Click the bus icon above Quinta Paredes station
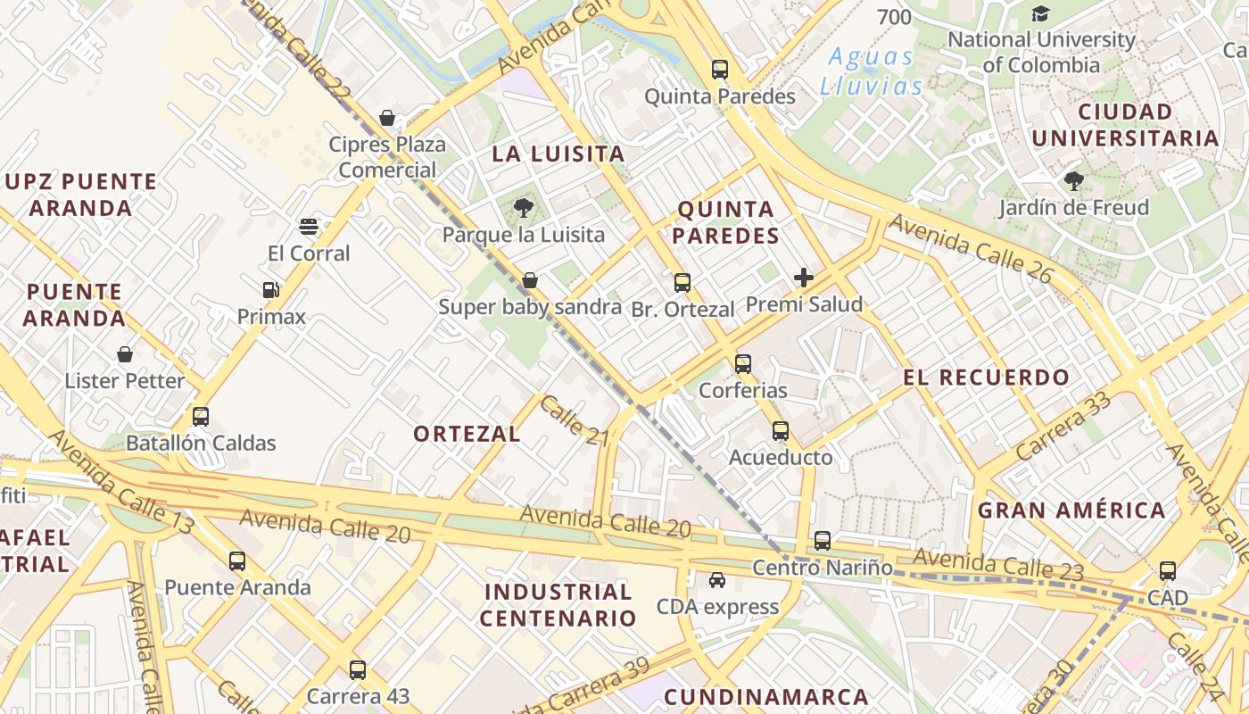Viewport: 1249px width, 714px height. click(719, 69)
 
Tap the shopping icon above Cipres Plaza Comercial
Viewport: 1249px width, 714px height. click(387, 117)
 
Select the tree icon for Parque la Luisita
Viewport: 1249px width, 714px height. click(524, 208)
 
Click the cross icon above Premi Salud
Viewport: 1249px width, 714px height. click(804, 278)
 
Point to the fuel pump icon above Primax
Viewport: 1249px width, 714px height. click(271, 289)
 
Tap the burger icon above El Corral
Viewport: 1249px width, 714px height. click(309, 226)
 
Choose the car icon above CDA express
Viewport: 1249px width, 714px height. click(717, 580)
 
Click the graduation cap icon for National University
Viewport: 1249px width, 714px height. click(1040, 13)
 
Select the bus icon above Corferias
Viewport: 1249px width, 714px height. click(743, 363)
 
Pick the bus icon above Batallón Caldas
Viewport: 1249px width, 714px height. click(201, 416)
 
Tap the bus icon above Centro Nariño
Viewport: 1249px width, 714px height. click(823, 540)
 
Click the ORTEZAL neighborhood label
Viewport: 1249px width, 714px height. click(467, 434)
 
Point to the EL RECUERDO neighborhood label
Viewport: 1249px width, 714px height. click(986, 377)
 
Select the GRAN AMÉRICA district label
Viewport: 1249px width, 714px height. click(1071, 511)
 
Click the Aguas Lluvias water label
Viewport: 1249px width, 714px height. click(872, 71)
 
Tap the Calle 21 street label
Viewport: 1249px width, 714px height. click(574, 419)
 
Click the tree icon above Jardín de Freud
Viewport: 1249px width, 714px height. click(1074, 181)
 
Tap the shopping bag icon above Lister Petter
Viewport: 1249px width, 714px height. click(125, 354)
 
